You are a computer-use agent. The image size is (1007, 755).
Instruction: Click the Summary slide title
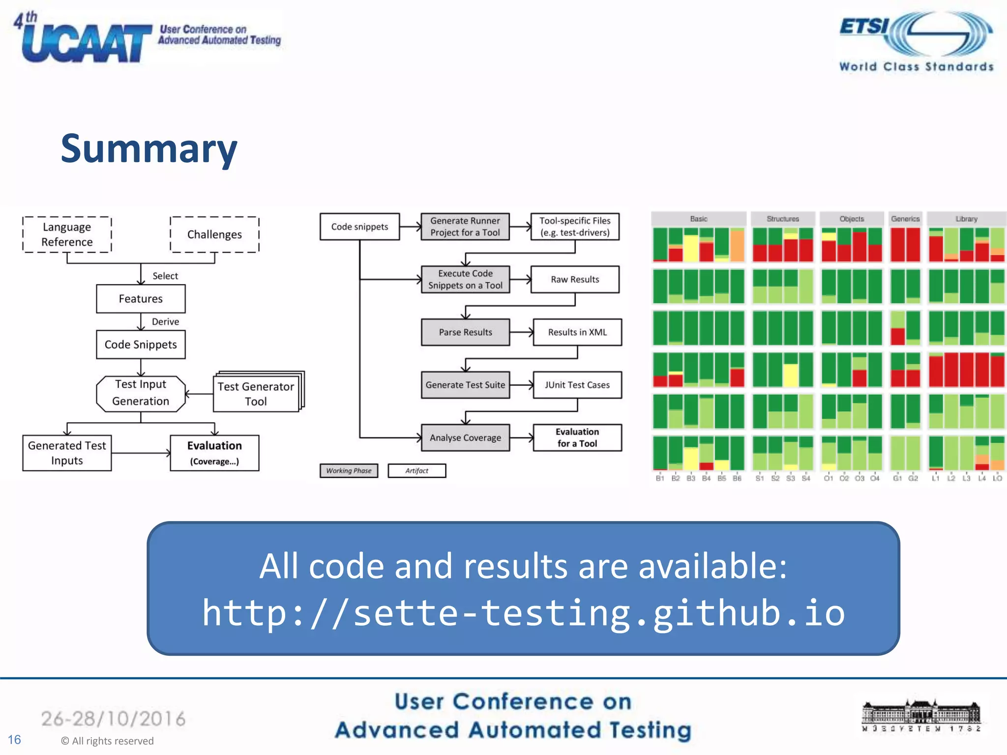[148, 148]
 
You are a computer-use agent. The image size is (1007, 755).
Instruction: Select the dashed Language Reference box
[67, 234]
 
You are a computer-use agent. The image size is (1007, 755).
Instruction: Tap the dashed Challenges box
[214, 234]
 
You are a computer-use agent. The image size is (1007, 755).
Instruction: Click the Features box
[141, 299]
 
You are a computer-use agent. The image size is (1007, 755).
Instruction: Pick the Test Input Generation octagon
[141, 393]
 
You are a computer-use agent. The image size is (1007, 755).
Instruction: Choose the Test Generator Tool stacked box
[256, 394]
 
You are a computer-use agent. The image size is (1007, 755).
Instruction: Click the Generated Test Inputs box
[67, 453]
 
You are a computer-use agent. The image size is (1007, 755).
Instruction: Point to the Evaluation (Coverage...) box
[214, 453]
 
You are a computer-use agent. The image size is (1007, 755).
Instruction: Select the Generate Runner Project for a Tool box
[465, 227]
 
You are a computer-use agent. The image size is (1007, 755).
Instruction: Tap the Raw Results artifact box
[575, 279]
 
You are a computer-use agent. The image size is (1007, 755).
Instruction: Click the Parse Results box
[465, 332]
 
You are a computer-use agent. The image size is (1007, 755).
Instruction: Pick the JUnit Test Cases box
[577, 385]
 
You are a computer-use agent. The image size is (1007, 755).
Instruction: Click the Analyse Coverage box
[465, 437]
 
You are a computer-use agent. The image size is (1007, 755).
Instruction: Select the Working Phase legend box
[349, 470]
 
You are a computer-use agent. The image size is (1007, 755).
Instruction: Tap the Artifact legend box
[416, 470]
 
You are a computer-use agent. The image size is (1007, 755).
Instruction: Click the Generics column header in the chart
[905, 219]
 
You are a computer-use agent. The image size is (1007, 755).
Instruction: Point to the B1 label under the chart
[660, 478]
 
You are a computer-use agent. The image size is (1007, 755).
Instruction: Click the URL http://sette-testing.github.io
[523, 613]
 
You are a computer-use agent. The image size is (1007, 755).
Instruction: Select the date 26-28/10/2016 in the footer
[113, 719]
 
